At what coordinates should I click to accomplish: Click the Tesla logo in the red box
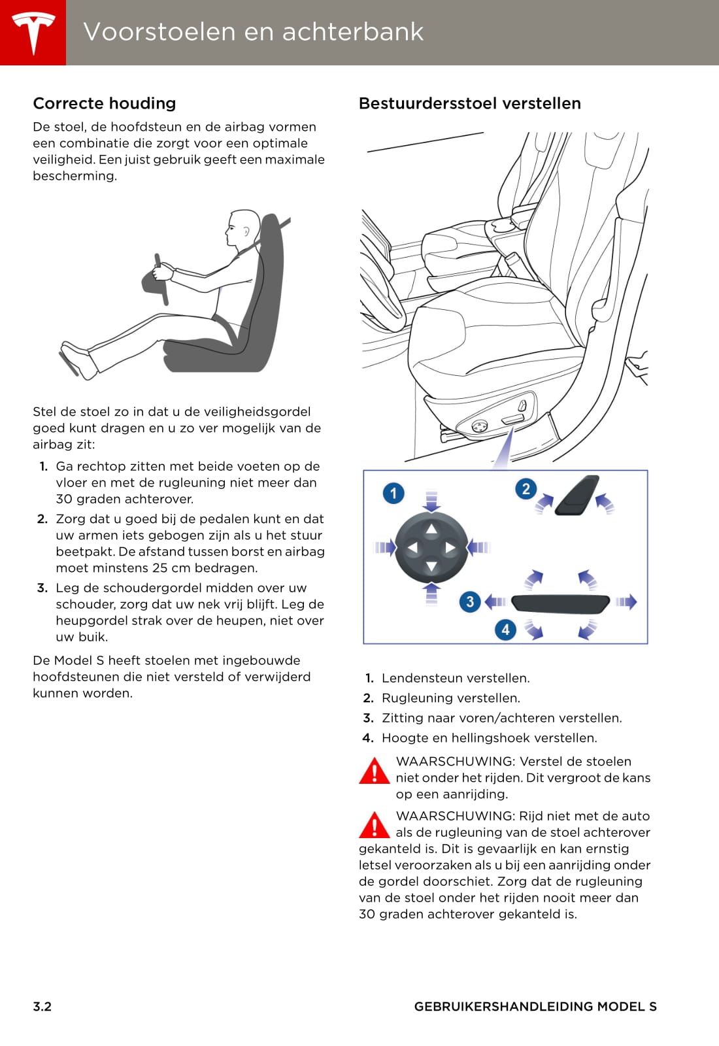click(x=33, y=33)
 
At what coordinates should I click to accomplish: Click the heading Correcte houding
click(x=105, y=103)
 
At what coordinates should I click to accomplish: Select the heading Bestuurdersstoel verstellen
click(x=470, y=103)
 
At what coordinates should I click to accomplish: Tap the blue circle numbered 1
click(x=393, y=494)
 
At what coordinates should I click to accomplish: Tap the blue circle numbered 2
click(x=526, y=489)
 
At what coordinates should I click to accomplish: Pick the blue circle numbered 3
click(x=470, y=602)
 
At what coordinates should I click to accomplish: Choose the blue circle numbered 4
click(x=505, y=630)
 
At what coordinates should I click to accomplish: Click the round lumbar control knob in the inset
click(x=431, y=548)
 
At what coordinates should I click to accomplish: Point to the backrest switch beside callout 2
click(x=577, y=496)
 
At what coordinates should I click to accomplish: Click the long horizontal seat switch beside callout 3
click(x=561, y=603)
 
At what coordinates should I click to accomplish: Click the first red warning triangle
click(x=374, y=771)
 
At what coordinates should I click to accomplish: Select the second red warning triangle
click(x=374, y=826)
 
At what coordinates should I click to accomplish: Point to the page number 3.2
click(x=42, y=1006)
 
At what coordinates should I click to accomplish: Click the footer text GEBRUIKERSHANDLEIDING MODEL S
click(x=535, y=1006)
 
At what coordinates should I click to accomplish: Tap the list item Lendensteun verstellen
click(x=456, y=678)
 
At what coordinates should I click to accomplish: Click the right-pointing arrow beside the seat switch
click(x=626, y=602)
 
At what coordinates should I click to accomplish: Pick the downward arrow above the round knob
click(x=431, y=501)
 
